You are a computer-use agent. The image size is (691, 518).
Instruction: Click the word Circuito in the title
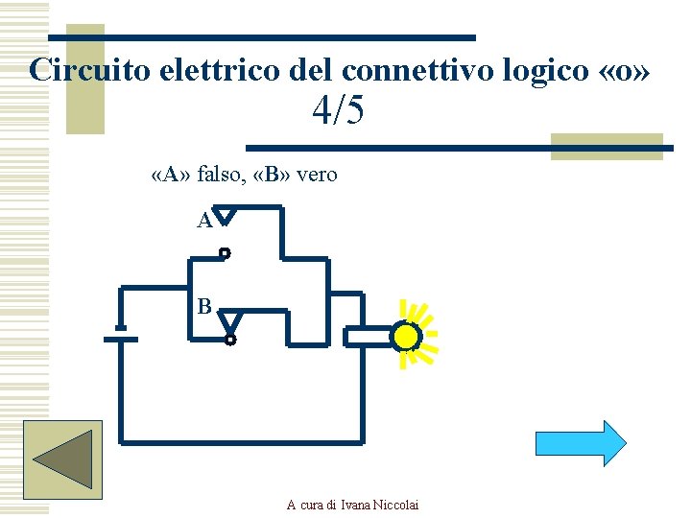(x=83, y=70)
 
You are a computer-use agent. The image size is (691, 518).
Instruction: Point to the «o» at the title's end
(x=628, y=70)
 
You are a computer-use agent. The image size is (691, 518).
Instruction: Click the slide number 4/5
(x=338, y=111)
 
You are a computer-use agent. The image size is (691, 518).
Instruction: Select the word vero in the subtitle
(x=317, y=175)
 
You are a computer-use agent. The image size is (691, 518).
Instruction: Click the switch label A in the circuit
(x=203, y=222)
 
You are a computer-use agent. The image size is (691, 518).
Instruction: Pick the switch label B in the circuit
(x=203, y=307)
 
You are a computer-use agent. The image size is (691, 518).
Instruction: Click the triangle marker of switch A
(x=223, y=217)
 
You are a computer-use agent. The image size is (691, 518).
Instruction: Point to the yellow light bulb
(x=406, y=337)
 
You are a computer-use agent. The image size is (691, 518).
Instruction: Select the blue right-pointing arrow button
(x=580, y=443)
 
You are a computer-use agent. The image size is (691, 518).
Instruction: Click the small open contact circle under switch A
(x=225, y=253)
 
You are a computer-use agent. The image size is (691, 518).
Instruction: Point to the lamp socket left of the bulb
(x=366, y=337)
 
